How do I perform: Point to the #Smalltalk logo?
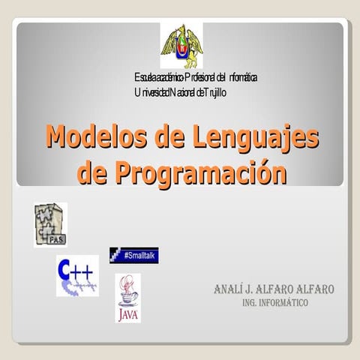(x=134, y=255)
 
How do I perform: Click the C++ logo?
(x=76, y=275)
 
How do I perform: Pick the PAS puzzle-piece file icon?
(x=50, y=224)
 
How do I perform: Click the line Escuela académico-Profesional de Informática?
(x=196, y=78)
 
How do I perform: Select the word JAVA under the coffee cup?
(x=127, y=314)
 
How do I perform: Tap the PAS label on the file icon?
(x=55, y=240)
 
